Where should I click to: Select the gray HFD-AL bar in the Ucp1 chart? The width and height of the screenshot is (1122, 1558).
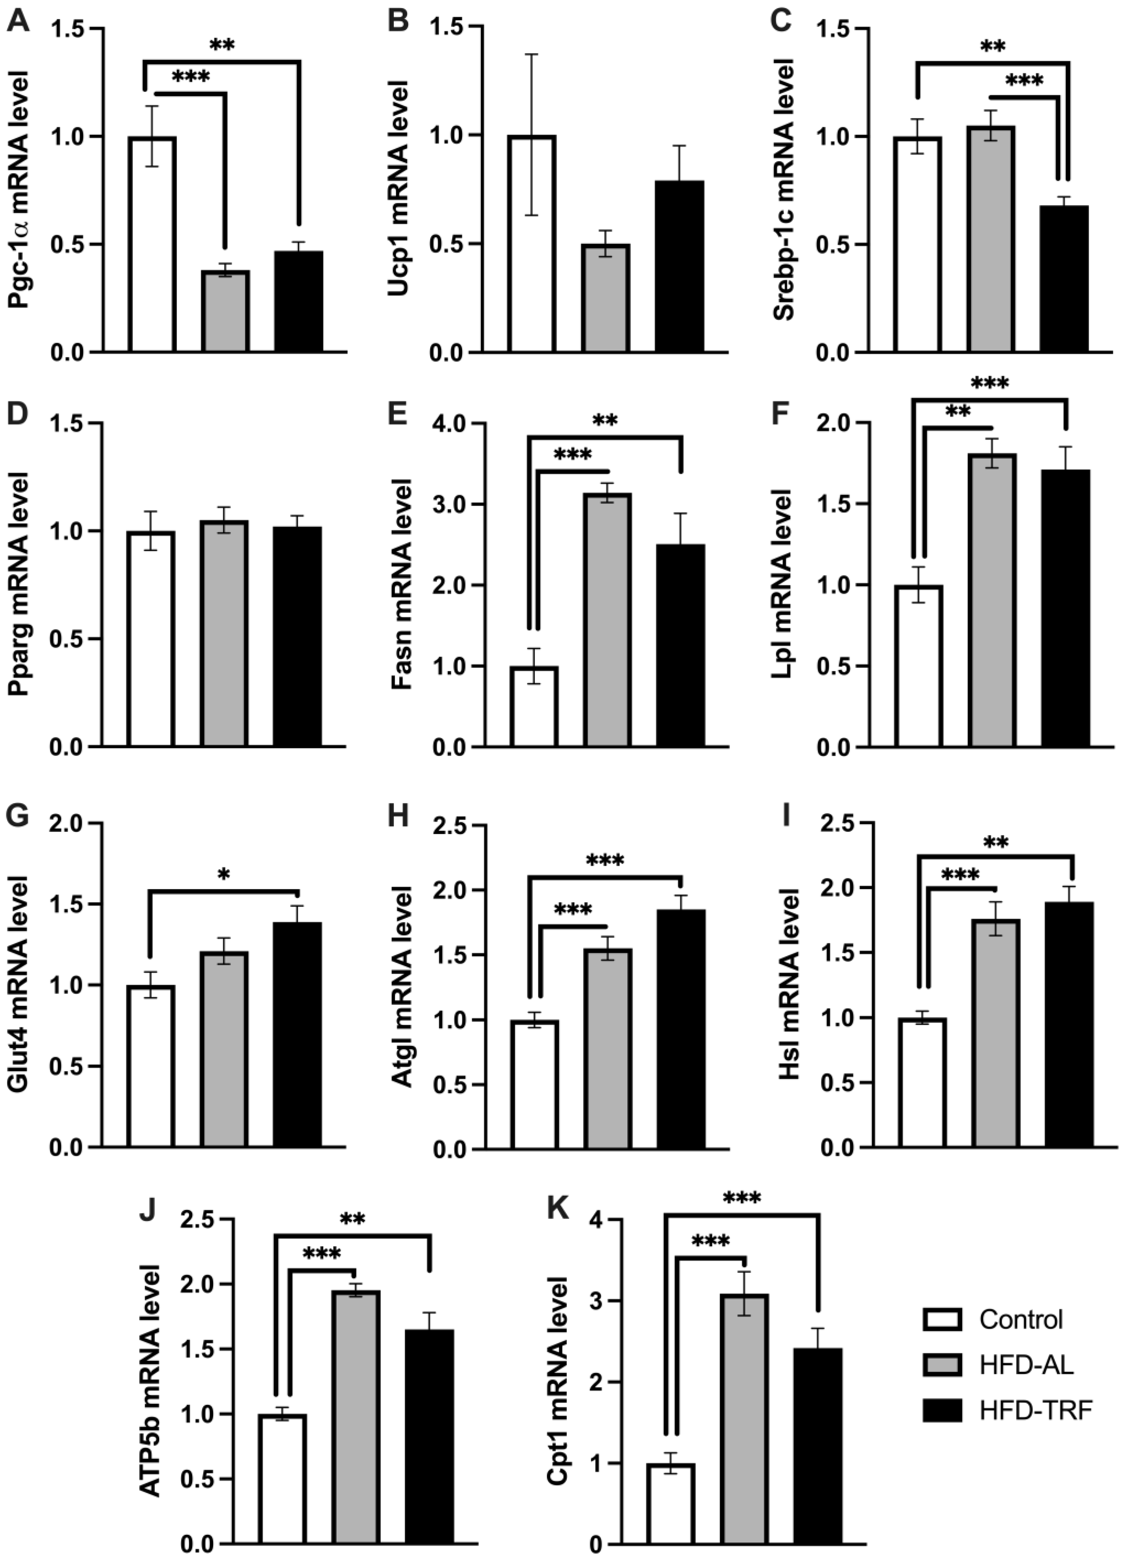605,298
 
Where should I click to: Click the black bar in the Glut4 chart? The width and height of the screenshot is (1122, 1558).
298,1034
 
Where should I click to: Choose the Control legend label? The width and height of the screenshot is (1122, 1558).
1021,1319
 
